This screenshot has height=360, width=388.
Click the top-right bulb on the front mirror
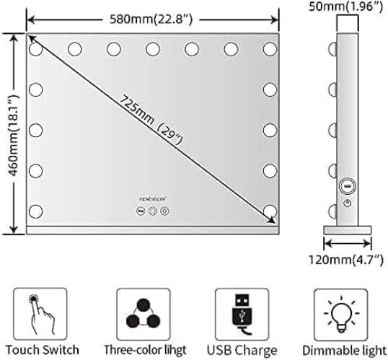click(270, 49)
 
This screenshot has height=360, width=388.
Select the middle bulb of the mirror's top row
click(153, 49)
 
